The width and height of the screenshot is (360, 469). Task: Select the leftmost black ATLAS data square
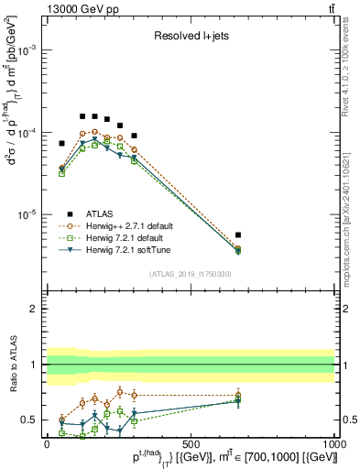click(62, 143)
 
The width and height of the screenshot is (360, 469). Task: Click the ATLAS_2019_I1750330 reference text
click(191, 274)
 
